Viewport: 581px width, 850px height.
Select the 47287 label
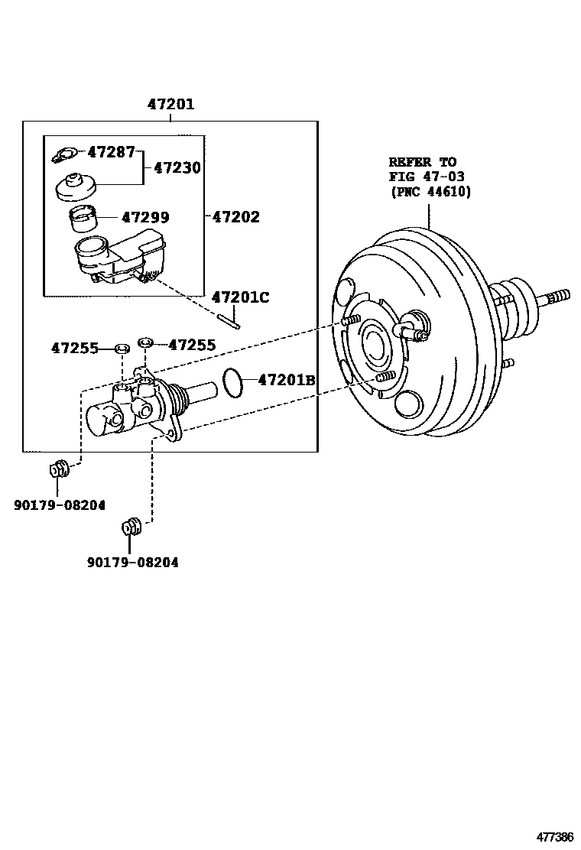pyautogui.click(x=111, y=152)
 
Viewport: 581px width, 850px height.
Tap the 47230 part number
pyautogui.click(x=177, y=167)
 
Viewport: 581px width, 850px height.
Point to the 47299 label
pyautogui.click(x=145, y=217)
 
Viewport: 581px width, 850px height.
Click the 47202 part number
pyautogui.click(x=235, y=217)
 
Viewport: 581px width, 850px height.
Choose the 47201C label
pyautogui.click(x=240, y=297)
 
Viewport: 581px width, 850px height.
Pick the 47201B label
pyautogui.click(x=287, y=380)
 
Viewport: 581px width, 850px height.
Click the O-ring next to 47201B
pyautogui.click(x=234, y=383)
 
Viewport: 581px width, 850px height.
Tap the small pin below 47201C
pyautogui.click(x=234, y=321)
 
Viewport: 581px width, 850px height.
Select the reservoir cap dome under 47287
pyautogui.click(x=76, y=187)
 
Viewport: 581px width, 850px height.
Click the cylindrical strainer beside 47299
pyautogui.click(x=84, y=219)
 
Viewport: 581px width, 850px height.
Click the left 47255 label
pyautogui.click(x=75, y=348)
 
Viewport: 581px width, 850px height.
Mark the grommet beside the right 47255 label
pyautogui.click(x=145, y=342)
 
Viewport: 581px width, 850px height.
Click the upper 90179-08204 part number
pyautogui.click(x=60, y=504)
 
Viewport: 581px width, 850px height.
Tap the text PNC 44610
pyautogui.click(x=431, y=191)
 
